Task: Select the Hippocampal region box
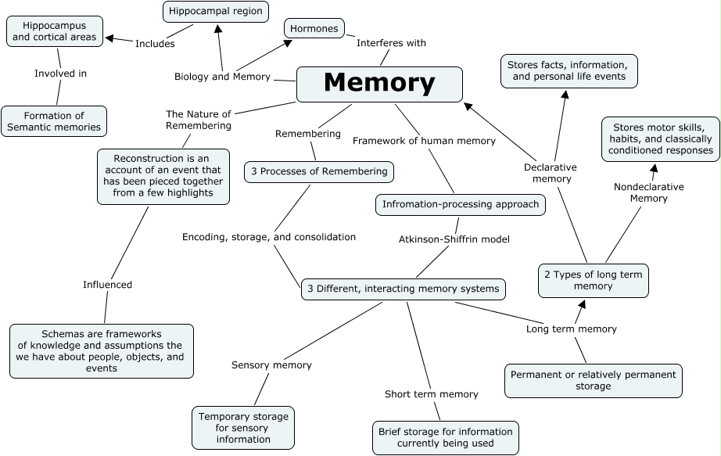(216, 12)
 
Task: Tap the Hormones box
(314, 29)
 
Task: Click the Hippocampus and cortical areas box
(55, 31)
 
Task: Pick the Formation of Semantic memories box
(54, 121)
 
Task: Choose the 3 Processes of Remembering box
(318, 171)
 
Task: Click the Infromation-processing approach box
(461, 205)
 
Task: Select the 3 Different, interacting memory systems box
(403, 289)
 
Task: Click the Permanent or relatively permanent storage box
(593, 380)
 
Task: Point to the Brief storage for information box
(445, 437)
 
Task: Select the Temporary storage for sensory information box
(243, 428)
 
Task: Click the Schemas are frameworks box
(101, 351)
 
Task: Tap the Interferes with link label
(391, 43)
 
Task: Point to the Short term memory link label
(431, 394)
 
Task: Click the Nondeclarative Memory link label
(648, 192)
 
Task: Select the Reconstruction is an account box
(163, 176)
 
